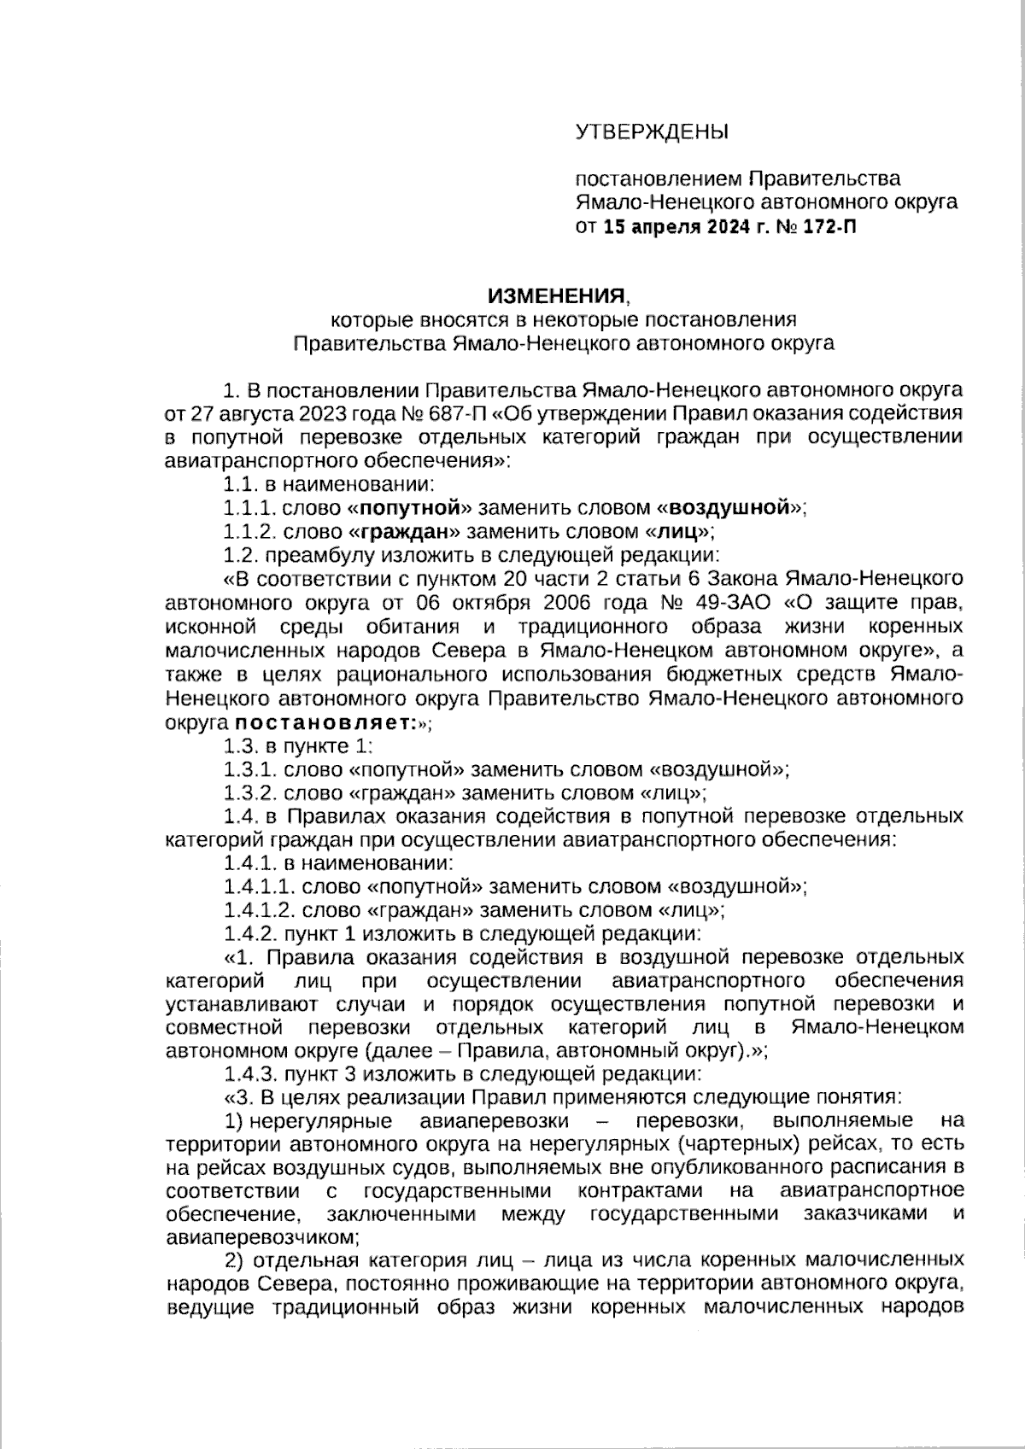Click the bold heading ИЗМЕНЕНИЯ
[556, 296]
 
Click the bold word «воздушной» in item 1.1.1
[729, 509]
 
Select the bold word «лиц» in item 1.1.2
[681, 533]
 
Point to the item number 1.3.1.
[250, 769]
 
